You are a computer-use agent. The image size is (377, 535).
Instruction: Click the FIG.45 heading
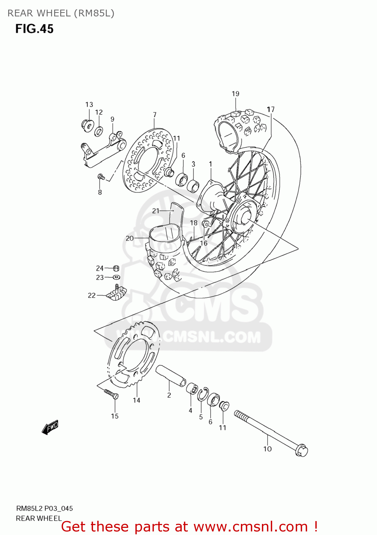(34, 29)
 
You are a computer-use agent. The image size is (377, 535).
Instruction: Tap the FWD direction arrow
(50, 427)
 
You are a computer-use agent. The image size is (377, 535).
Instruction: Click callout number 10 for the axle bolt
(267, 449)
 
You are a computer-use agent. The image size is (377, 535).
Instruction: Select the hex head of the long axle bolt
(302, 450)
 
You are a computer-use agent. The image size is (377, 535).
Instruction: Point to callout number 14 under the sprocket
(136, 400)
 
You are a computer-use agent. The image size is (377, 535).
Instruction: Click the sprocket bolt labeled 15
(111, 394)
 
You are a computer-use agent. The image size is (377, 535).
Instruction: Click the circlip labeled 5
(203, 394)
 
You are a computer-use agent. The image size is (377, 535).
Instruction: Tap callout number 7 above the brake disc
(155, 115)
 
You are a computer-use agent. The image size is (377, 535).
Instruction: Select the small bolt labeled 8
(101, 177)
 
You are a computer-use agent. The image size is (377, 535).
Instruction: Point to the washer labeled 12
(99, 131)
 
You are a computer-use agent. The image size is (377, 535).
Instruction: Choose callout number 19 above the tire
(236, 94)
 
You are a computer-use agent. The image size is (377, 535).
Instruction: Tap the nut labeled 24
(116, 268)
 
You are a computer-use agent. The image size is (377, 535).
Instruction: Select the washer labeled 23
(116, 277)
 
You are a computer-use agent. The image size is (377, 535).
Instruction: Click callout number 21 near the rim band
(156, 211)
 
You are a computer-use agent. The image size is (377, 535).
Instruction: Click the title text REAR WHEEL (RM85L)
(61, 13)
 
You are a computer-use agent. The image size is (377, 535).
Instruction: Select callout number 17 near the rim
(271, 109)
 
